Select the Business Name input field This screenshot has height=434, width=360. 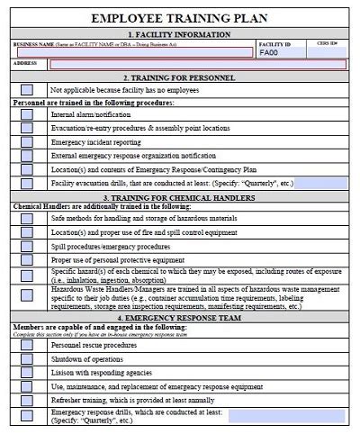[x=131, y=52]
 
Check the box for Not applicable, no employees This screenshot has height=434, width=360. [x=27, y=90]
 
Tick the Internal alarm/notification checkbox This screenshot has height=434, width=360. [x=27, y=115]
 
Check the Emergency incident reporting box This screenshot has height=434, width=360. [x=27, y=142]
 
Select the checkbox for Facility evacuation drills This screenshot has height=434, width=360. [x=27, y=183]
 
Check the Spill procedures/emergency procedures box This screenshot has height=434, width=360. [x=27, y=246]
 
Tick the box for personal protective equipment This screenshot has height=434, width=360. [x=27, y=259]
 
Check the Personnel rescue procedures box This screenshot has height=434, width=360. [x=27, y=344]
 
